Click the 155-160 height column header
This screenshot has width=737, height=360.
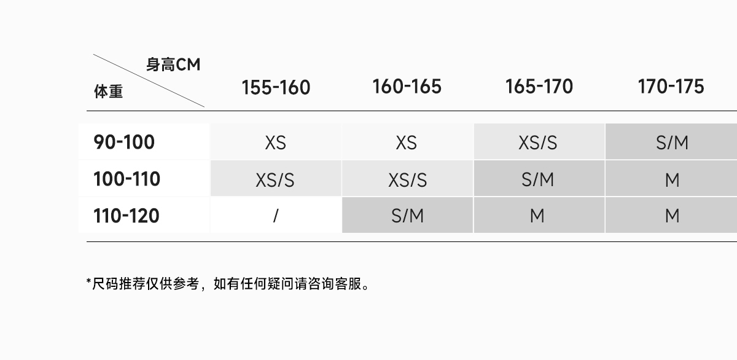pyautogui.click(x=276, y=87)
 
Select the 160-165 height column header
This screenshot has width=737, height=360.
pyautogui.click(x=407, y=87)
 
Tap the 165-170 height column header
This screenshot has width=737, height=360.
pyautogui.click(x=539, y=87)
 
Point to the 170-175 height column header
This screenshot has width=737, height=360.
pyautogui.click(x=671, y=87)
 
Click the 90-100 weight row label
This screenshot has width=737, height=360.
pyautogui.click(x=124, y=143)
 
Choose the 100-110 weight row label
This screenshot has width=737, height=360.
pyautogui.click(x=127, y=179)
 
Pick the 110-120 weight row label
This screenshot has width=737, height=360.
pyautogui.click(x=126, y=216)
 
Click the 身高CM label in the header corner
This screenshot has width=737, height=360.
pyautogui.click(x=173, y=65)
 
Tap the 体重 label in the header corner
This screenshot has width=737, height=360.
pyautogui.click(x=108, y=92)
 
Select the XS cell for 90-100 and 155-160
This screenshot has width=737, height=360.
pyautogui.click(x=276, y=143)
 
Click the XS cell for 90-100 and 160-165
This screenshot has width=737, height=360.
pyautogui.click(x=407, y=143)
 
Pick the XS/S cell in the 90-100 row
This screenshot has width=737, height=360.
pyautogui.click(x=538, y=143)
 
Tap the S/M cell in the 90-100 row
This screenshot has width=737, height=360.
pyautogui.click(x=672, y=143)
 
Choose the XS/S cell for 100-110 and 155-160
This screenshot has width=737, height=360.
pyautogui.click(x=275, y=179)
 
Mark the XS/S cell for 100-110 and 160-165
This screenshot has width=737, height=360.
pyautogui.click(x=407, y=179)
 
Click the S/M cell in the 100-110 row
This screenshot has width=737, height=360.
pyautogui.click(x=538, y=179)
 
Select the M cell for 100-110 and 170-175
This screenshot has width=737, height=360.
pyautogui.click(x=672, y=179)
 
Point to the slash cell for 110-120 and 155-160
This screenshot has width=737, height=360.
pyautogui.click(x=276, y=216)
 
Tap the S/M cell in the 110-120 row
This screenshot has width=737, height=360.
pyautogui.click(x=407, y=216)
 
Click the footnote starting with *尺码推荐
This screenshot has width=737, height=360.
pyautogui.click(x=228, y=284)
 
